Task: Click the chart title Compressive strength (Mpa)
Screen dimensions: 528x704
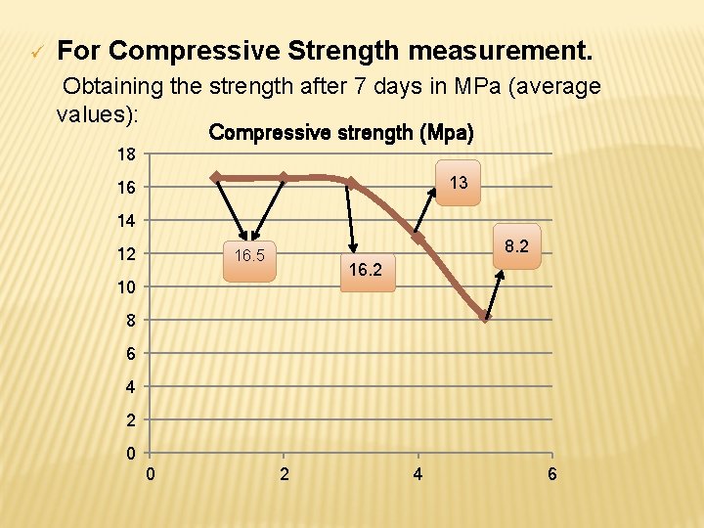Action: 341,132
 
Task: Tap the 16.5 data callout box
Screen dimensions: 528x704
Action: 249,257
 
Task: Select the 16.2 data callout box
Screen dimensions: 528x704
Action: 365,270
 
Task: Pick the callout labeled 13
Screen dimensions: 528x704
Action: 458,183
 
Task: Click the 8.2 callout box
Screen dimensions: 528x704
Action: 517,246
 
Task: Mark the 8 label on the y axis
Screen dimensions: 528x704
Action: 131,321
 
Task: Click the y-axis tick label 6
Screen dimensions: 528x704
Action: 131,354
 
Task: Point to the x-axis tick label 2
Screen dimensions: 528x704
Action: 284,475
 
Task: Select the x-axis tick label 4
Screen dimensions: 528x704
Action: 418,475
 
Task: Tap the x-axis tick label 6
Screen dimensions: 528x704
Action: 553,475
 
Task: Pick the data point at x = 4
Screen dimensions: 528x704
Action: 418,238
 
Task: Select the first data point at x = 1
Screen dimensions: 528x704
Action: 216,177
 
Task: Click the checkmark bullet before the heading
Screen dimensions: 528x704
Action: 36,51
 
